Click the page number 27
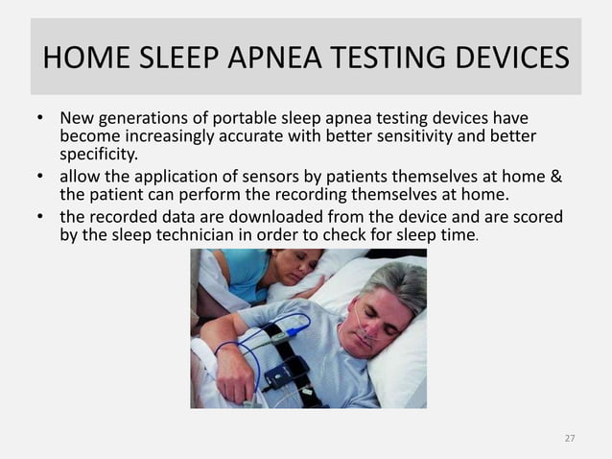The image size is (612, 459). click(570, 438)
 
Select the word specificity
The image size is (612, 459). click(99, 153)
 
